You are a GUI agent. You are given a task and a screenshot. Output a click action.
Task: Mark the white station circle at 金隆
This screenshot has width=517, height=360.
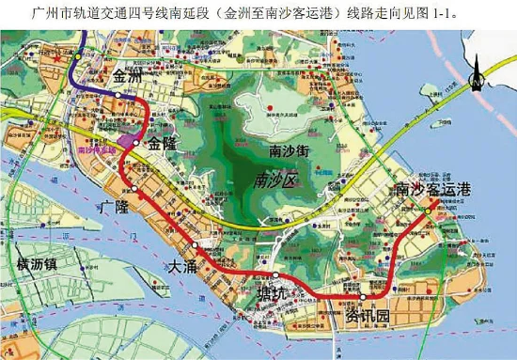[x=137, y=142]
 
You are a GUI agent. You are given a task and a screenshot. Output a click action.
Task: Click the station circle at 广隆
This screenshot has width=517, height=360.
[x=135, y=189]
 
